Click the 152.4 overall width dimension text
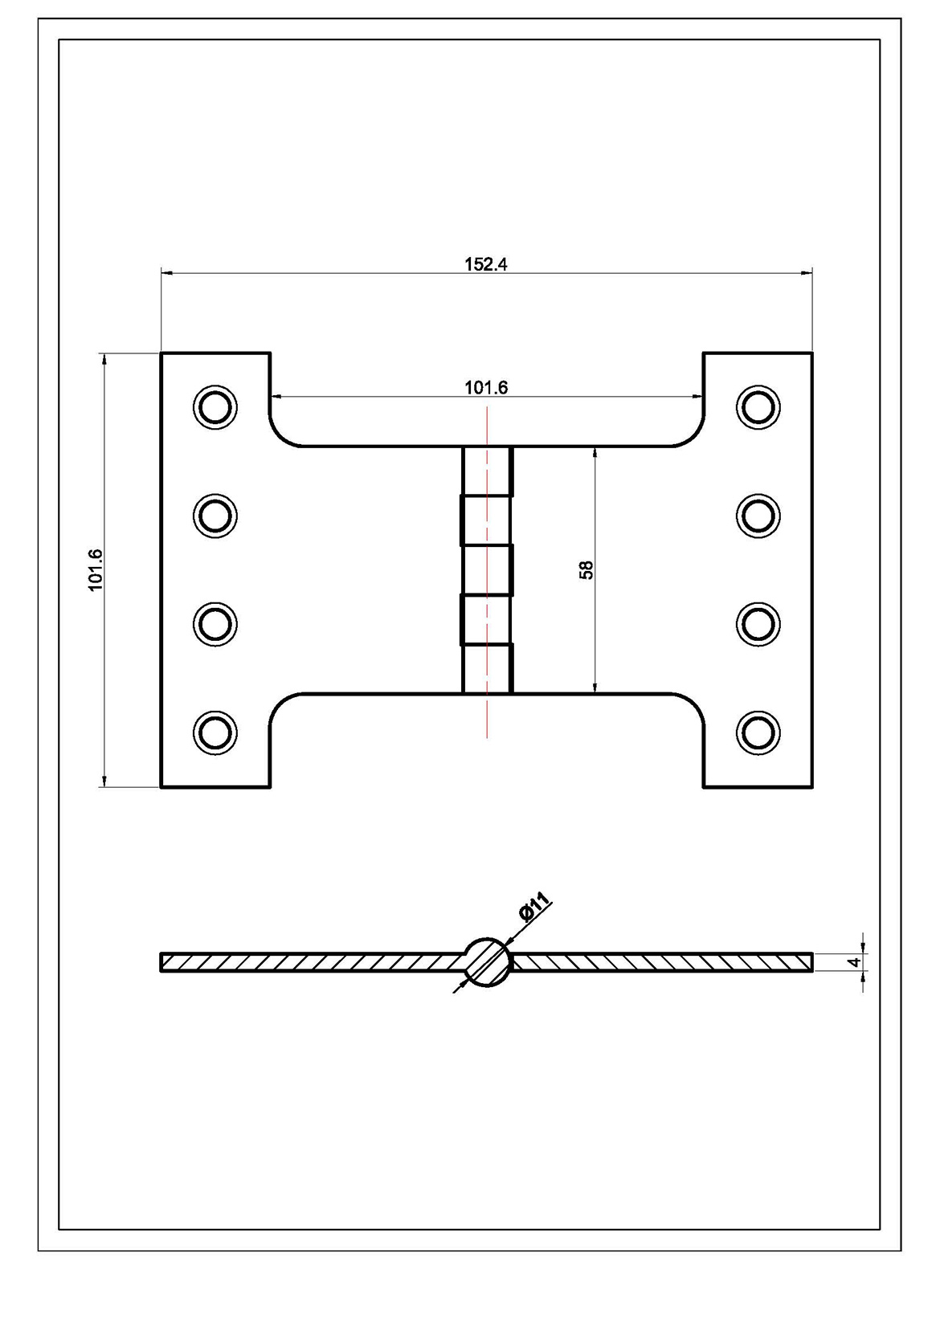[486, 264]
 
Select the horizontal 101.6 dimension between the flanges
[486, 388]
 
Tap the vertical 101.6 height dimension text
[96, 570]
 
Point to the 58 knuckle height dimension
[586, 569]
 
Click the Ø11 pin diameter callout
[535, 906]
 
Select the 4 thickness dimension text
[855, 961]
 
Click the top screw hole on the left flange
[215, 406]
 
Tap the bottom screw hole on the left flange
[215, 732]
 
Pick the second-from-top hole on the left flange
[215, 515]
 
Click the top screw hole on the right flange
[758, 406]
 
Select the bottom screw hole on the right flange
[758, 732]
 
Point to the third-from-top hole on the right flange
[758, 623]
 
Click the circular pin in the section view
[488, 961]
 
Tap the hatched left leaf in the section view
[313, 961]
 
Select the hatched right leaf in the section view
[659, 961]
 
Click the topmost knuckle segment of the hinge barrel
[487, 471]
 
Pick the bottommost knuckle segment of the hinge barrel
[487, 668]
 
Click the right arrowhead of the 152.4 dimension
[807, 274]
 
